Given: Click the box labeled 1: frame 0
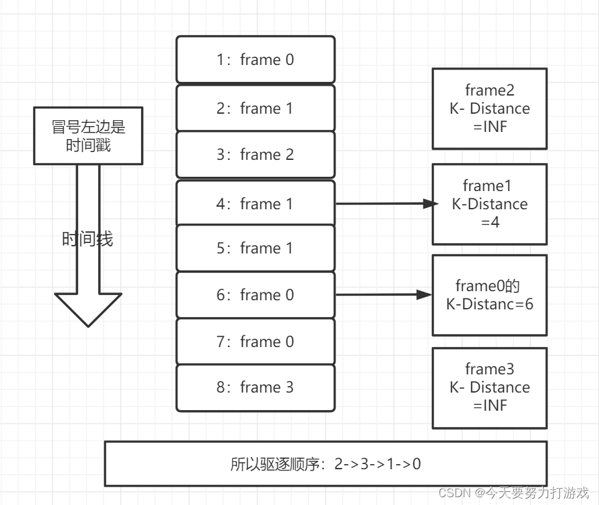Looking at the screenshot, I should click(x=255, y=60).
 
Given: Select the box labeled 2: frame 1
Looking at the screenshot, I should click(x=255, y=109).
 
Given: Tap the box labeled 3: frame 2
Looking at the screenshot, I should click(x=255, y=155).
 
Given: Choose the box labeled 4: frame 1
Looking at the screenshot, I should click(x=255, y=204).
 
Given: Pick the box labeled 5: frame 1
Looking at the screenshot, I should click(x=255, y=248).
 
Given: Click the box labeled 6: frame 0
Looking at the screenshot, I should click(x=255, y=295).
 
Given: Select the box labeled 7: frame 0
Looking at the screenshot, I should click(x=255, y=342).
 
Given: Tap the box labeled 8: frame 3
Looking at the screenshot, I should click(x=255, y=388).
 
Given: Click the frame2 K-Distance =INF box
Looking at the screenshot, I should click(x=490, y=109).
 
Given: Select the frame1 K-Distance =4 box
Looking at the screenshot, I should click(x=490, y=204).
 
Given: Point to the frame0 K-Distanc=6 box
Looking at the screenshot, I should click(x=490, y=295).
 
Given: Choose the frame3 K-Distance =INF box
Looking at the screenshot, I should click(x=490, y=388).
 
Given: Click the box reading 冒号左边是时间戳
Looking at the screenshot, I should click(x=88, y=136).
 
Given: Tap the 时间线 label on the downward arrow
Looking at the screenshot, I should click(x=87, y=239).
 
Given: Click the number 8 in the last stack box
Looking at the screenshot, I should click(x=221, y=388).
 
